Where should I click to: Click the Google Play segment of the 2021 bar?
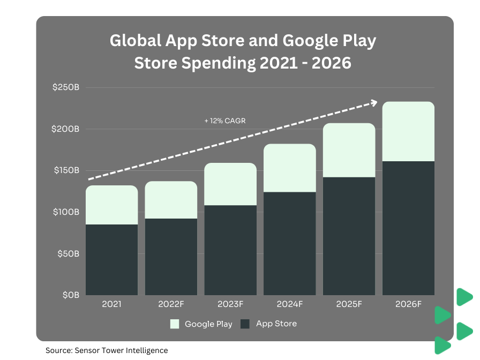pyautogui.click(x=111, y=205)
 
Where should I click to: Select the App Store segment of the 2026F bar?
pyautogui.click(x=408, y=228)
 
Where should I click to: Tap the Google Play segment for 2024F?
pyautogui.click(x=289, y=168)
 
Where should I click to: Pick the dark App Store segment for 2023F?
pyautogui.click(x=230, y=250)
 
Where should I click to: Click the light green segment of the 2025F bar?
pyautogui.click(x=349, y=150)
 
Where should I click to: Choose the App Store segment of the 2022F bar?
pyautogui.click(x=171, y=257)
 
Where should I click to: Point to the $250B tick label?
pyautogui.click(x=66, y=87)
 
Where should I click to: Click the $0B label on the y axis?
pyautogui.click(x=70, y=295)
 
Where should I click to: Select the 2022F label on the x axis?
pyautogui.click(x=171, y=304)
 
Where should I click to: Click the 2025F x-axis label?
pyautogui.click(x=349, y=304)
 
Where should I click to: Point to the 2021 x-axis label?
pyautogui.click(x=111, y=304)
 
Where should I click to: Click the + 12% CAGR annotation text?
pyautogui.click(x=225, y=121)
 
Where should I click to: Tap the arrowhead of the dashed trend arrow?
pyautogui.click(x=373, y=102)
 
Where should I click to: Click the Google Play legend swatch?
pyautogui.click(x=174, y=324)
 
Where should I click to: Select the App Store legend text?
pyautogui.click(x=276, y=324)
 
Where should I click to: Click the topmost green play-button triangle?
pyautogui.click(x=464, y=297)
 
